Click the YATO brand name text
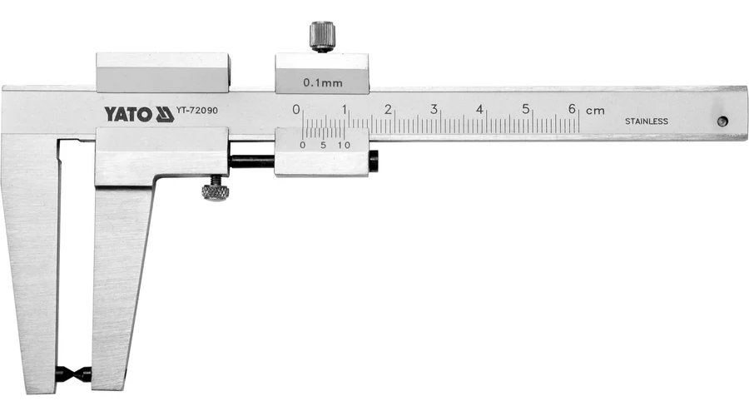tap(128, 115)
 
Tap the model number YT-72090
tap(196, 111)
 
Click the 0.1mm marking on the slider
tap(323, 82)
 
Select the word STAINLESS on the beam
tap(647, 121)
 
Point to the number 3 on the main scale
tap(434, 109)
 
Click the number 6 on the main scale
tap(572, 109)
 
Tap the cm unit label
tap(595, 111)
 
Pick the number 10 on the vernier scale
tap(344, 146)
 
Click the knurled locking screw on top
tap(322, 37)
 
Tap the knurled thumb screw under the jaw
tap(215, 190)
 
